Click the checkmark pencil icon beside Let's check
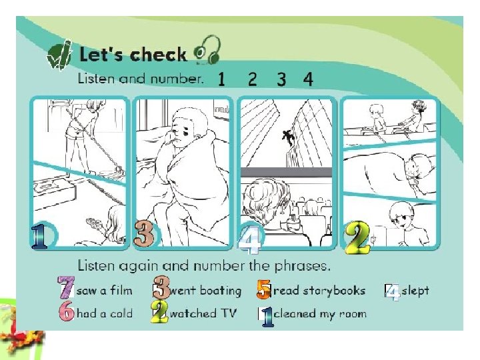pyautogui.click(x=59, y=55)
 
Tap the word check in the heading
pyautogui.click(x=158, y=55)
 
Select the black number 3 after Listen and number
pyautogui.click(x=281, y=79)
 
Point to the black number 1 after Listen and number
pyautogui.click(x=221, y=79)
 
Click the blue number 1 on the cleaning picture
pyautogui.click(x=39, y=236)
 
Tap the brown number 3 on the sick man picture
pyautogui.click(x=143, y=234)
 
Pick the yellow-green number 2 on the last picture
pyautogui.click(x=357, y=237)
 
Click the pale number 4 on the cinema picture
pyautogui.click(x=250, y=240)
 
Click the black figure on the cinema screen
pyautogui.click(x=288, y=137)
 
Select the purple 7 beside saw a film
pyautogui.click(x=66, y=287)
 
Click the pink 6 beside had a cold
pyautogui.click(x=67, y=311)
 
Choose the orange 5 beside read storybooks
pyautogui.click(x=264, y=289)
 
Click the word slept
pyautogui.click(x=415, y=291)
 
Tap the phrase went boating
pyautogui.click(x=205, y=291)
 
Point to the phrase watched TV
pyautogui.click(x=203, y=313)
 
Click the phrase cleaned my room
pyautogui.click(x=319, y=314)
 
